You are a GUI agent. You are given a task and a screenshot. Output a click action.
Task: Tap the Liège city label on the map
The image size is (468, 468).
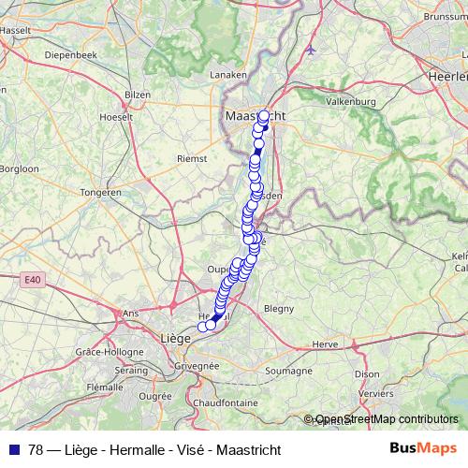176,337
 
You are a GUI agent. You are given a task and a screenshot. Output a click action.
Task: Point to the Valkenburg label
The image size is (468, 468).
350,101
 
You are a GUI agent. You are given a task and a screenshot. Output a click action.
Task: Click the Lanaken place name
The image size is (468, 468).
228,74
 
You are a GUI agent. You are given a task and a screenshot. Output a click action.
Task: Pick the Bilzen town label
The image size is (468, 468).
138,95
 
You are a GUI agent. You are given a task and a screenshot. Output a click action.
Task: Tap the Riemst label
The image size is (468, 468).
192,159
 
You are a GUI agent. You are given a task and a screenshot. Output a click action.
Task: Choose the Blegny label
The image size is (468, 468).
279,307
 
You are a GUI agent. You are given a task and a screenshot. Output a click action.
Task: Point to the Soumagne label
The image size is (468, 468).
286,372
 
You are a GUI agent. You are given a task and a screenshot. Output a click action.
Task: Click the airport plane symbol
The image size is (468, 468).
311,50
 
